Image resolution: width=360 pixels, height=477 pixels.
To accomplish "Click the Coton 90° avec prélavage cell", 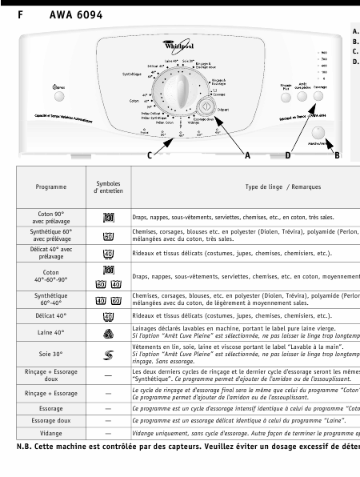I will [51, 217].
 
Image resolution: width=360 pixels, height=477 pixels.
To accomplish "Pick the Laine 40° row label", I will [51, 331].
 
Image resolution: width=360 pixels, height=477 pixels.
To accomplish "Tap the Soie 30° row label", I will [51, 353].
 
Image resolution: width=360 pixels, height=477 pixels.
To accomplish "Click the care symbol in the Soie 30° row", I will [108, 353].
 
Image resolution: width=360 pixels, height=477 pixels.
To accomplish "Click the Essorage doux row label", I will [51, 419].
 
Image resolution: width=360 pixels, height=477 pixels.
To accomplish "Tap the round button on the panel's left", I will [59, 96].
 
